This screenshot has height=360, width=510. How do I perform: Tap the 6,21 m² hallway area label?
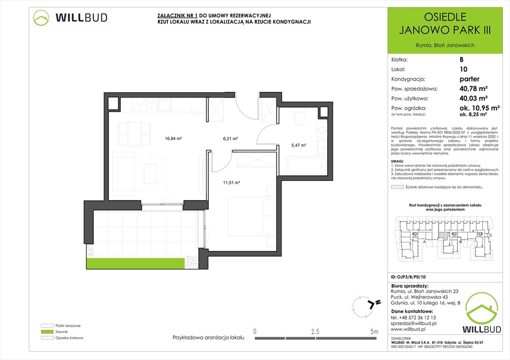230,139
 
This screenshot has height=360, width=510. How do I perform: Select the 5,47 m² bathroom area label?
298,145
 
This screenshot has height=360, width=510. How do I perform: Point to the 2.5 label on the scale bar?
315,331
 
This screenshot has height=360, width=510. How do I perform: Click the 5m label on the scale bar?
374,331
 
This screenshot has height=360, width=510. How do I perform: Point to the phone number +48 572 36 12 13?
417,317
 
